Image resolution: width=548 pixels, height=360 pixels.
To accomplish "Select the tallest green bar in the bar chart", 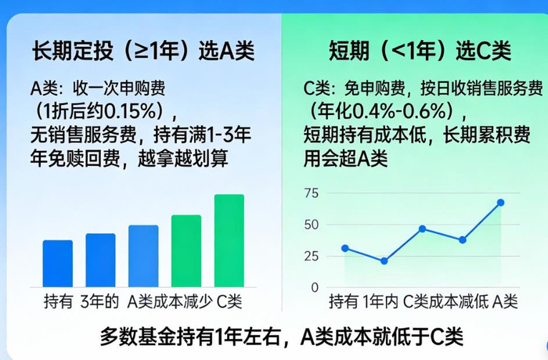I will [229, 240].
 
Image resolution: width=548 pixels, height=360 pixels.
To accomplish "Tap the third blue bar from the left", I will [143, 256].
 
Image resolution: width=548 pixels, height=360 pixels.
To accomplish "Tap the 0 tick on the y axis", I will [315, 287].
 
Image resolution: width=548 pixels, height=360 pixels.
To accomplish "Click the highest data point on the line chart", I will [500, 203].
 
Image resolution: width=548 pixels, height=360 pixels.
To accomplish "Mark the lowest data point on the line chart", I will [384, 261].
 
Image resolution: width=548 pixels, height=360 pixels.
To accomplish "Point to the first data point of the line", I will [345, 248].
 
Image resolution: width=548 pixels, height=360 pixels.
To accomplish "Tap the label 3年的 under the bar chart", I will [99, 301].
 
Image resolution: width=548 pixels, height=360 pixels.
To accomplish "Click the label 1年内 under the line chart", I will [383, 301].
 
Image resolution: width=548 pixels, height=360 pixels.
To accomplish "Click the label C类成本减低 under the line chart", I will [445, 301].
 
